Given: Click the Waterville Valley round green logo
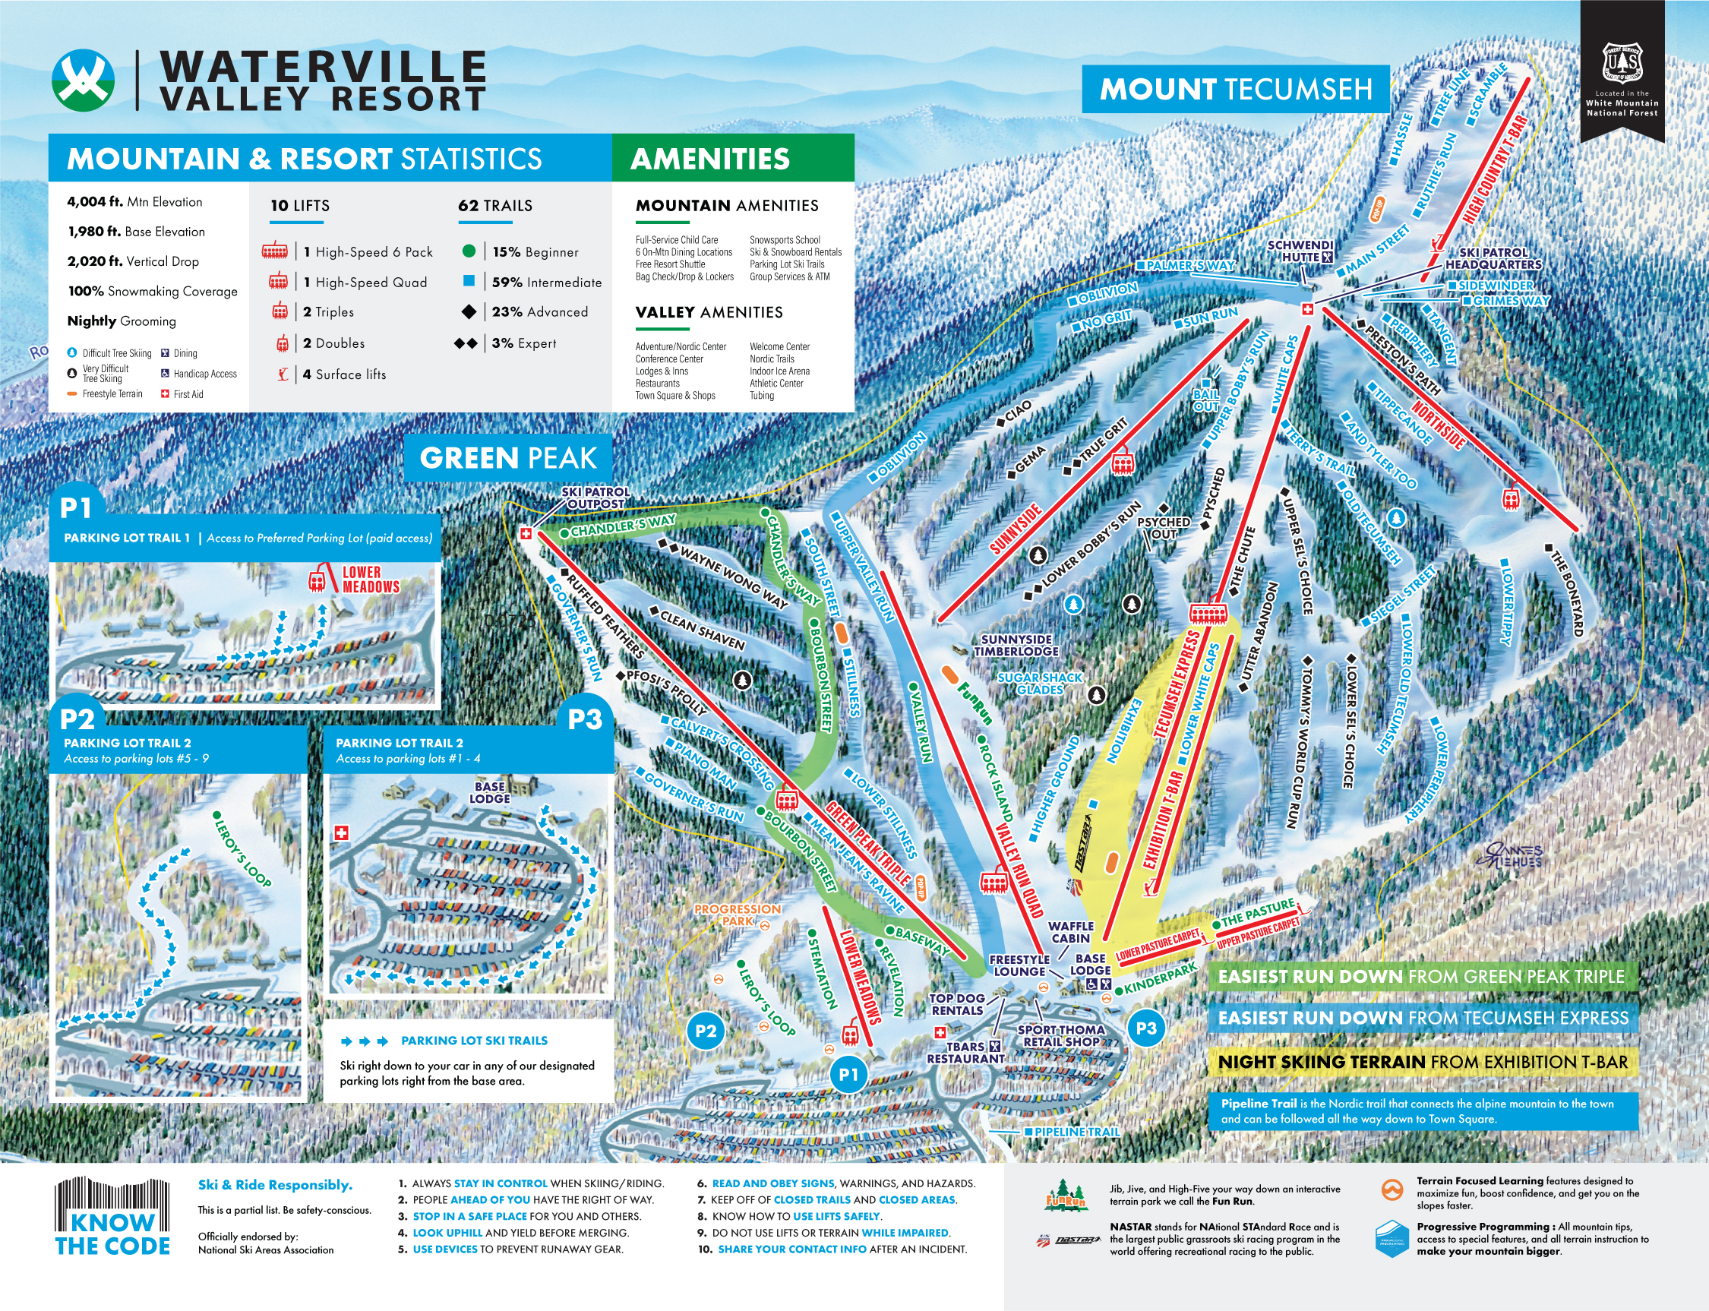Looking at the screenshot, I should [84, 81].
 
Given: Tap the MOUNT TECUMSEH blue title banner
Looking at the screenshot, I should [1234, 89].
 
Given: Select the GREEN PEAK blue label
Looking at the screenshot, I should [508, 458].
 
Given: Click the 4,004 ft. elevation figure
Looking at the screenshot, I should [94, 201].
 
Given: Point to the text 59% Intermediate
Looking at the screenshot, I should [546, 283].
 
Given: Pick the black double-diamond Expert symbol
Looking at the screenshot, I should [466, 343].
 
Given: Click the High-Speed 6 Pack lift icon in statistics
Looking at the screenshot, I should [275, 251].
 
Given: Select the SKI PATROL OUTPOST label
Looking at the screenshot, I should [595, 498].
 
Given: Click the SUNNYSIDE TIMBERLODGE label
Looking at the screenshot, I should [1016, 646].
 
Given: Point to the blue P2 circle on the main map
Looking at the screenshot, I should [706, 1031].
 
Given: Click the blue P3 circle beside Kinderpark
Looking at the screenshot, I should [1145, 1028].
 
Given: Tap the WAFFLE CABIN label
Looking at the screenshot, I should [1070, 932].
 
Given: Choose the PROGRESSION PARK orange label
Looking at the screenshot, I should [737, 915].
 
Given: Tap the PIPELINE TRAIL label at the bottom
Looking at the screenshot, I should [1076, 1132].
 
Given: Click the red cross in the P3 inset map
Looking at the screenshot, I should [341, 833].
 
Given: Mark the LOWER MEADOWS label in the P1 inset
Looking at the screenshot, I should [370, 580].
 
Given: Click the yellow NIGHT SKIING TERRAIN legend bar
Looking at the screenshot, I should [1423, 1062].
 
